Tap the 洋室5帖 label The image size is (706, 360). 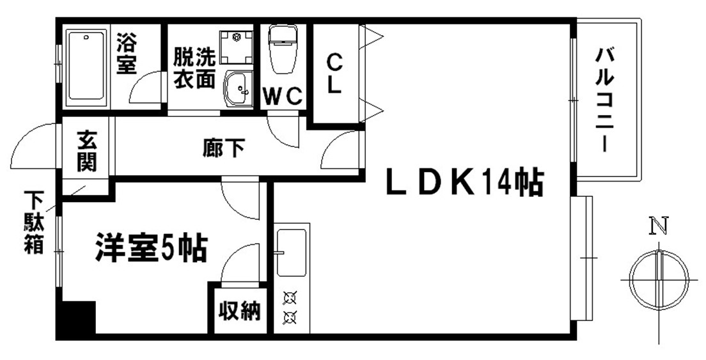coord(152,247)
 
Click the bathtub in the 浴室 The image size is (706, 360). coord(87,65)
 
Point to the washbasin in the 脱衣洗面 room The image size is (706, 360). coord(239,89)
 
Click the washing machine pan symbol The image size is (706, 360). coord(236,47)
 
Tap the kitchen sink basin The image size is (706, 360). coord(292,252)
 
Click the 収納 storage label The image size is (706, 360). coord(240,311)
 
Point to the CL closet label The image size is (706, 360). coord(334,74)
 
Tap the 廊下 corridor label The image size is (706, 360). coord(224,148)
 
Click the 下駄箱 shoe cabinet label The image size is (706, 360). coord(33,222)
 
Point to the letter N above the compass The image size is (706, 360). coord(659,226)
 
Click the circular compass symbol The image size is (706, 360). coord(659,280)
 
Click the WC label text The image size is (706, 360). coord(282,95)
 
